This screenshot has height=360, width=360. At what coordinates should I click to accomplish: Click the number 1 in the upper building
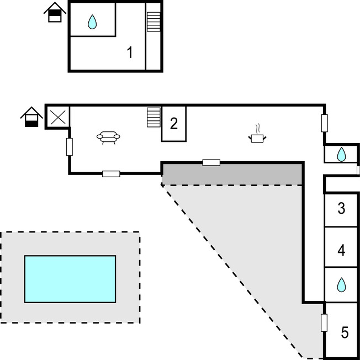pos(130,53)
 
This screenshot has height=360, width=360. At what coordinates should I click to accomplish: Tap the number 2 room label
pos(173,123)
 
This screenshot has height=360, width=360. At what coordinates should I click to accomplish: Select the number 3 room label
pos(341,209)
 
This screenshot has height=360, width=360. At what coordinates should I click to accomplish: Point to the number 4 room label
pos(341,251)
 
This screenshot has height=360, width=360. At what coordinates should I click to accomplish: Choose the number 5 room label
pos(345,332)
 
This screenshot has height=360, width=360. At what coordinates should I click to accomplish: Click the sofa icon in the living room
pos(108,137)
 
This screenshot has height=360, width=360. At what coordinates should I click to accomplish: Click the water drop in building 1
pos(92,22)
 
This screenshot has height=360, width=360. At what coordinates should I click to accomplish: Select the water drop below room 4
pos(341,285)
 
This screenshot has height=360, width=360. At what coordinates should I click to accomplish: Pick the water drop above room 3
pos(342,153)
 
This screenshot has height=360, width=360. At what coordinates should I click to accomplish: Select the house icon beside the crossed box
pos(32,117)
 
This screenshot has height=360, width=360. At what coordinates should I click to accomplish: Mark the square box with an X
pos(57,117)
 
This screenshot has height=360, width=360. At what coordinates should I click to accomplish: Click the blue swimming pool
pos(70,279)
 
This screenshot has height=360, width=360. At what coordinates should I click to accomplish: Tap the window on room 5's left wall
pos(324,322)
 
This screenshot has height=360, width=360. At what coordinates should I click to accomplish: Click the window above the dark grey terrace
pos(211,162)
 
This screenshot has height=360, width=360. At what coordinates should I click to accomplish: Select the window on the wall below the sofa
pos(111,174)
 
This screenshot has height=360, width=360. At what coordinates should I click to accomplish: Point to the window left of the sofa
pos(70,146)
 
